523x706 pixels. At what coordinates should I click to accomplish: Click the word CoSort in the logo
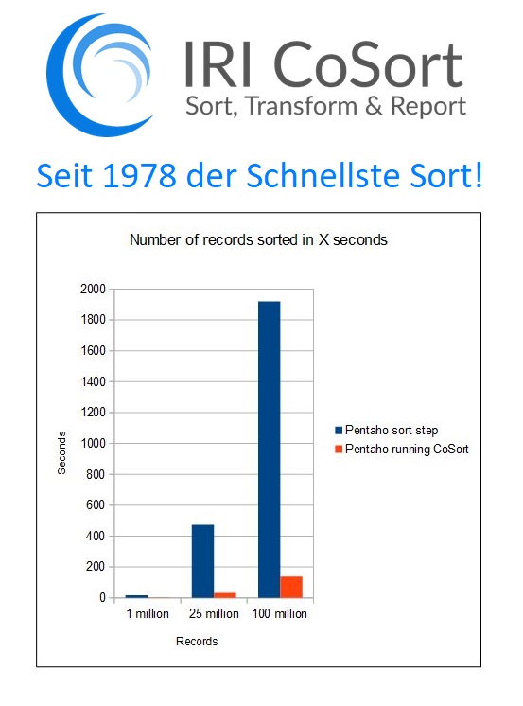(x=368, y=63)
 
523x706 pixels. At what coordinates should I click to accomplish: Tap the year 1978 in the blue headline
(x=139, y=175)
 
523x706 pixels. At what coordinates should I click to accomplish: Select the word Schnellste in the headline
(x=323, y=175)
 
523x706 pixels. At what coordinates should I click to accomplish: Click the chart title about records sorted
(x=258, y=239)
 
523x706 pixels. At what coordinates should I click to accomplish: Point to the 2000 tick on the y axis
(x=94, y=289)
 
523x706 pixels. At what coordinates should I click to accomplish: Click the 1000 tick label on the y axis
(x=94, y=443)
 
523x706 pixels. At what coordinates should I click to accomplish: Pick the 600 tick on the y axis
(x=96, y=504)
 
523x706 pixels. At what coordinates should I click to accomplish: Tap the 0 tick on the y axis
(x=103, y=597)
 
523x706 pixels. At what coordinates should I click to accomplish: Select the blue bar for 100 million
(x=270, y=450)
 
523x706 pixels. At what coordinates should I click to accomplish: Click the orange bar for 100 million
(x=291, y=587)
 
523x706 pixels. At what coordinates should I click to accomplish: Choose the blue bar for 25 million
(x=202, y=561)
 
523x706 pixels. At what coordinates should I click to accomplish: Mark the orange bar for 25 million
(x=224, y=595)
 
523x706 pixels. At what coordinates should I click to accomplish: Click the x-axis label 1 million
(x=148, y=613)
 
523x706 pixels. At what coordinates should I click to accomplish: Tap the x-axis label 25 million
(x=214, y=613)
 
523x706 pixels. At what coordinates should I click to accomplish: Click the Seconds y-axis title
(x=61, y=452)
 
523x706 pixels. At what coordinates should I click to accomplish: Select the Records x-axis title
(x=197, y=641)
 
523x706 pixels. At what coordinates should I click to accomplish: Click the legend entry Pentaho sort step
(x=387, y=430)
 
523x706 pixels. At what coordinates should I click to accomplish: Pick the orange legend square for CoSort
(x=339, y=449)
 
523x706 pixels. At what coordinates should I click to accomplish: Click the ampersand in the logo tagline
(x=374, y=106)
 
